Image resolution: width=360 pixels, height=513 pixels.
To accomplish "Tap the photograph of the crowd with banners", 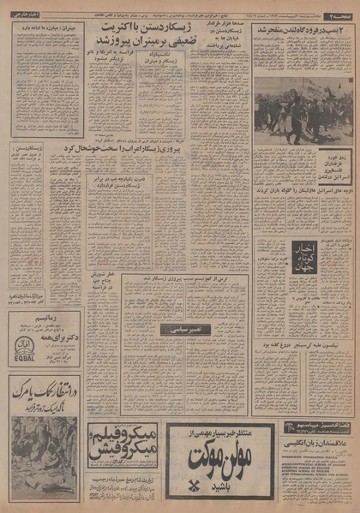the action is point(303,103).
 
